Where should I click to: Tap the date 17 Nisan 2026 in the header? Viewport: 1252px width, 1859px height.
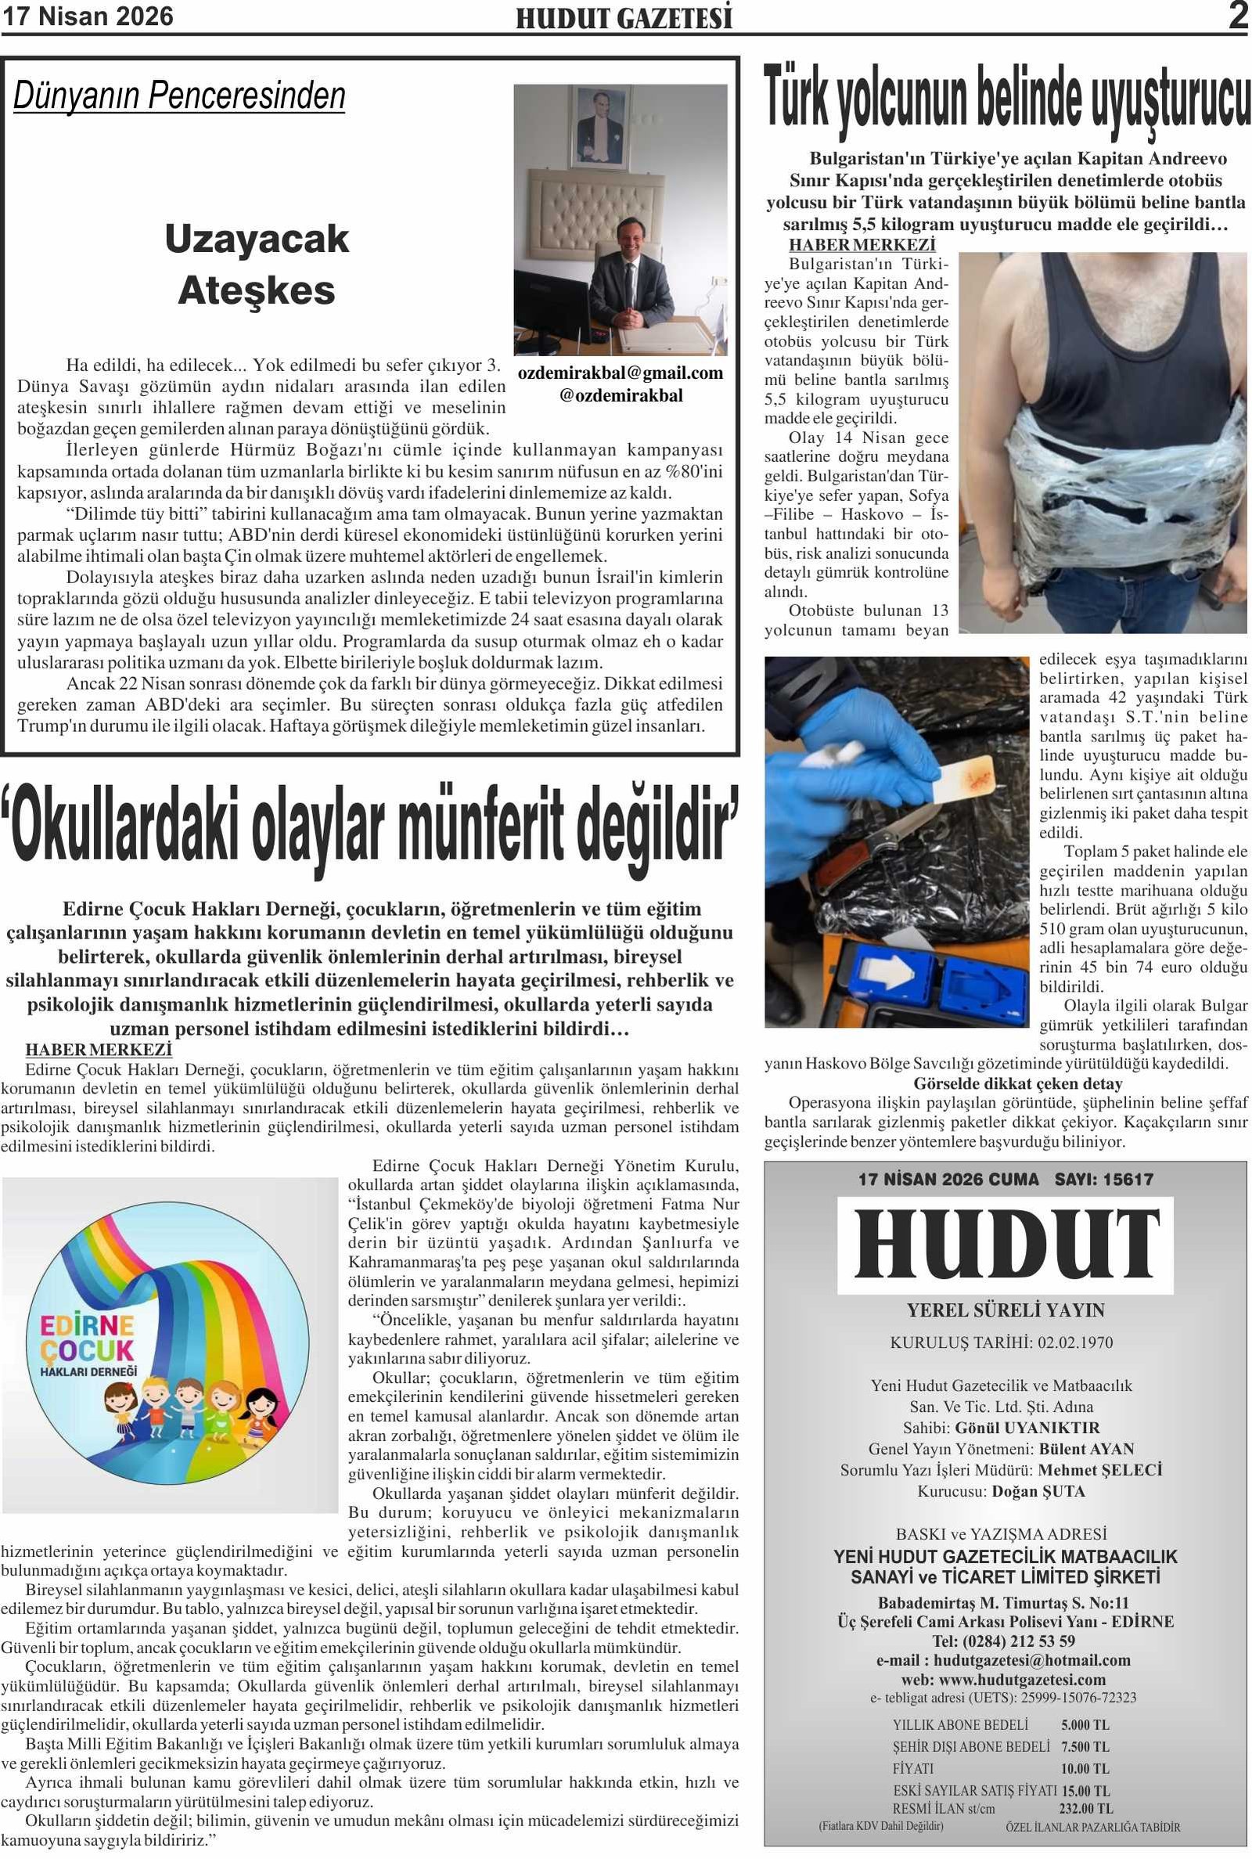pos(87,16)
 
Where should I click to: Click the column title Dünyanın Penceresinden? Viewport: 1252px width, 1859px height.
pos(179,95)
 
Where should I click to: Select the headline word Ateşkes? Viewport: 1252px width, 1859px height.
pos(257,290)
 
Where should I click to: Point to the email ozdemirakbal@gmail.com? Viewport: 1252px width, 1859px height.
pos(621,373)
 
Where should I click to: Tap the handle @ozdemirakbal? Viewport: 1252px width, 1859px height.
pos(621,395)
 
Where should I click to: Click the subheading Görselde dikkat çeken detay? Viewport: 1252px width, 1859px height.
pos(1017,1083)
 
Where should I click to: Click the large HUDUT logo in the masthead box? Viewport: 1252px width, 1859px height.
pos(1006,1244)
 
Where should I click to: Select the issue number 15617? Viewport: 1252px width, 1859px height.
pos(1127,1180)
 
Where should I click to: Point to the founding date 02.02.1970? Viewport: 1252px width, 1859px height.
pos(1074,1342)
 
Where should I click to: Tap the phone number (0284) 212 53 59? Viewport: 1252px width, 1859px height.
pos(1004,1641)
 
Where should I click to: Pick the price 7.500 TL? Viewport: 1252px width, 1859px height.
pos(1085,1747)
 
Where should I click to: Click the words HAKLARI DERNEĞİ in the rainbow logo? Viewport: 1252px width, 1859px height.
pos(88,1372)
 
